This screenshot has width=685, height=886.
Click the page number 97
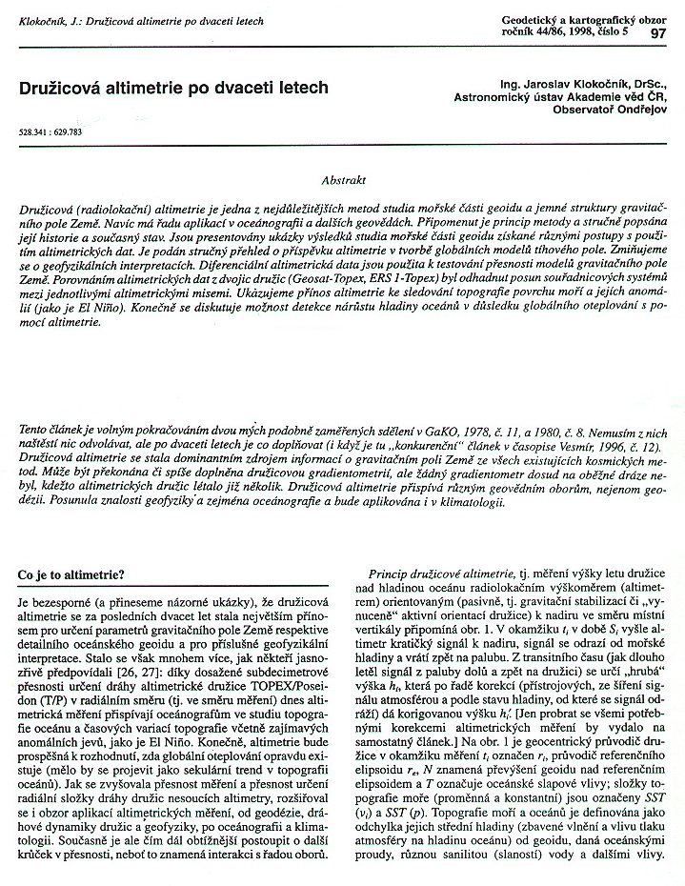(657, 33)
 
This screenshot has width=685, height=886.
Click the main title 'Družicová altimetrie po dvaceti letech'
(173, 88)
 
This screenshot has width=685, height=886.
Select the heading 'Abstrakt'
(343, 179)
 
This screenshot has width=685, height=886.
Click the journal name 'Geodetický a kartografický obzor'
(584, 18)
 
